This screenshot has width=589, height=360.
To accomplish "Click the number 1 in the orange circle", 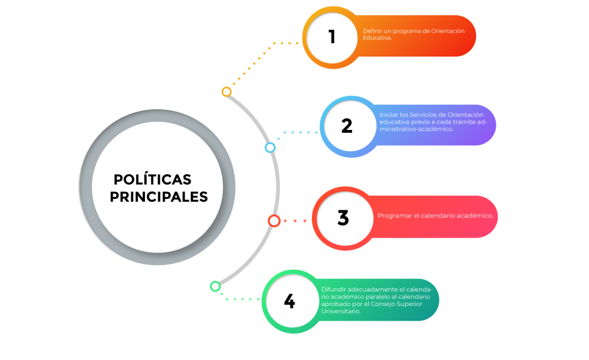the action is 332,37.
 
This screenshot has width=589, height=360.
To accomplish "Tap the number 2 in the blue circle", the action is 347,126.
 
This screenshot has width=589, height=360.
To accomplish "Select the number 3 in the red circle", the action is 343,218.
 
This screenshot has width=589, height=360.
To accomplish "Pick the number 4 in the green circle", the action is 289,301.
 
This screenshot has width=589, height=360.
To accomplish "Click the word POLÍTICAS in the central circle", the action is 152,179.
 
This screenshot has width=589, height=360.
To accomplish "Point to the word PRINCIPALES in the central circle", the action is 159,197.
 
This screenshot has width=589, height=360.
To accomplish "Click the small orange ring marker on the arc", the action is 227,91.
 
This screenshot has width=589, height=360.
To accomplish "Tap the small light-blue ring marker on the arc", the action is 270,148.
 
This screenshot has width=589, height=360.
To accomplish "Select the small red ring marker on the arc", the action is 274,221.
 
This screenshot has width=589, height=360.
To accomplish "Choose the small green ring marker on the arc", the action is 215,286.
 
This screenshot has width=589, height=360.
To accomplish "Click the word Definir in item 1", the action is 371,31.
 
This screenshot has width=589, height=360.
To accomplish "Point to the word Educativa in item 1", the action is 377,38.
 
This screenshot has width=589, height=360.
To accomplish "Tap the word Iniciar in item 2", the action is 388,115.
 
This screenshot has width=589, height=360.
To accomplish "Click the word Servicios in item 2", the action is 422,115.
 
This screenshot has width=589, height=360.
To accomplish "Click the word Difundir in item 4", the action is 334,289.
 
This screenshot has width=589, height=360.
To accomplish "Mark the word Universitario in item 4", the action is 341,311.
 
